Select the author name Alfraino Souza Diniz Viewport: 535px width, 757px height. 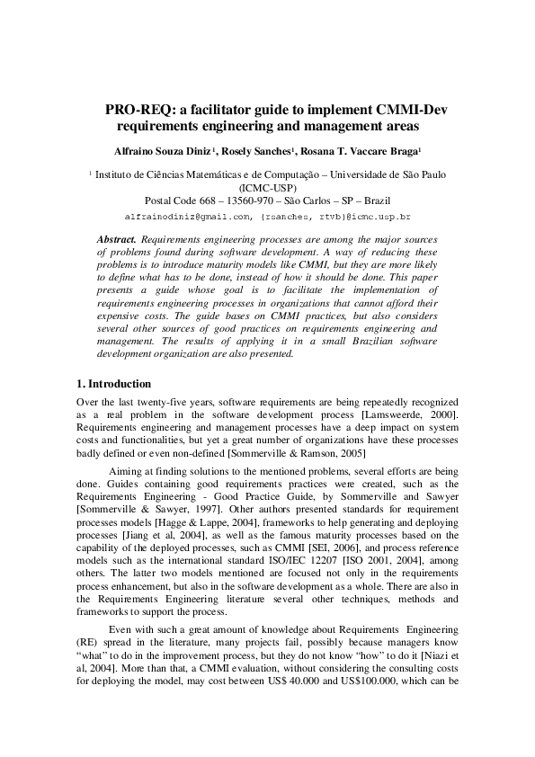[163, 152]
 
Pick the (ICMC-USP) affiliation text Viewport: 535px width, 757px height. [267, 187]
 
